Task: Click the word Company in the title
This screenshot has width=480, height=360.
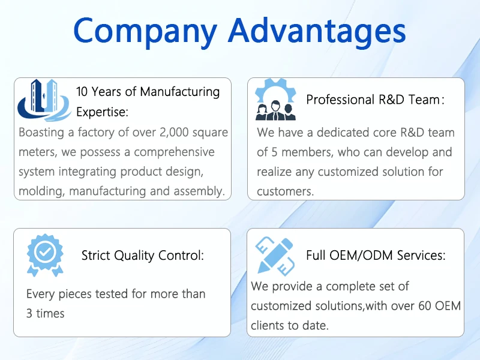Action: point(145,31)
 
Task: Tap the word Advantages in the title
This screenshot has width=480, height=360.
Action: point(317,31)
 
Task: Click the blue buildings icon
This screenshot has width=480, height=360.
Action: point(44,100)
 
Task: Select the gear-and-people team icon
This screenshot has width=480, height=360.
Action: point(275,100)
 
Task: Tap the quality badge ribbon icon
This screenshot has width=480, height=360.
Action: point(45,256)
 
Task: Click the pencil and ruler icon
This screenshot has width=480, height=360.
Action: point(275,256)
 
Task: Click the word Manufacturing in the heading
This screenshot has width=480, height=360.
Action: point(180,92)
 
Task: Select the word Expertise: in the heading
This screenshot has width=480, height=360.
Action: point(102,112)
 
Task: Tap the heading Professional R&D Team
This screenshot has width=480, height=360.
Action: point(376,100)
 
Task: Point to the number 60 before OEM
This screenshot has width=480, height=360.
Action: point(425,306)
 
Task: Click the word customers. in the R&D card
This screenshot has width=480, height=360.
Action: point(286,191)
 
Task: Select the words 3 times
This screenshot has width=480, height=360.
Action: point(46,313)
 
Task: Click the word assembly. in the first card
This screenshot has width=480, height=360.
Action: point(199,191)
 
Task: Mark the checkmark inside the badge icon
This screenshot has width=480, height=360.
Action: point(45,251)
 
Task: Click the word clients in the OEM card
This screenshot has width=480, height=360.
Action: point(269,325)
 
